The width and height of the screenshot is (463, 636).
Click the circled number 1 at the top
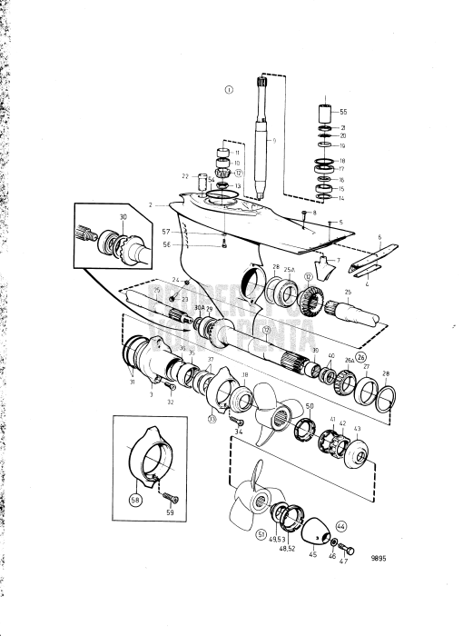(230, 90)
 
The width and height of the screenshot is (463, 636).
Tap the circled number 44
(341, 526)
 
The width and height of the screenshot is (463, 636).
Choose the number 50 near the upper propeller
(309, 405)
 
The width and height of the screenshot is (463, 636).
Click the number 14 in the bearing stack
(342, 199)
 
